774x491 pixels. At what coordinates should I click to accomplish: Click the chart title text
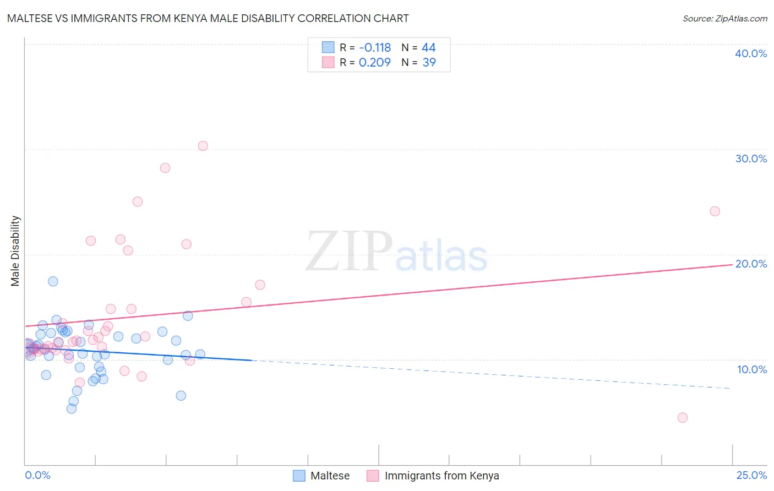tap(208, 18)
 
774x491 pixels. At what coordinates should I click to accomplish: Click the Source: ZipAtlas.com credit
tap(724, 18)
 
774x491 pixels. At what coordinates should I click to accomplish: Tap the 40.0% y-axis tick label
tap(751, 53)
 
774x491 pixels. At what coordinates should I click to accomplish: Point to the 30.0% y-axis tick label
tap(751, 159)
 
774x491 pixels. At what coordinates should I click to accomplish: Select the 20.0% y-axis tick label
tap(751, 264)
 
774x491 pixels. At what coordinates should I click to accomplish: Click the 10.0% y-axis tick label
tap(752, 369)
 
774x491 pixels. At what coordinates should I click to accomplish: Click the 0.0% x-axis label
tap(37, 475)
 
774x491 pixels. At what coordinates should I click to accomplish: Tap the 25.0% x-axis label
tap(751, 475)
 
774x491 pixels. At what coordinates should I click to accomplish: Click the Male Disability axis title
tap(15, 251)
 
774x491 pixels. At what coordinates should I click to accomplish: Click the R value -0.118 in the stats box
tap(374, 48)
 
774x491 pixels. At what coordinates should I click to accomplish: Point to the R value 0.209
tap(374, 63)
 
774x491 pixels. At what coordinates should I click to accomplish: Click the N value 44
tap(428, 48)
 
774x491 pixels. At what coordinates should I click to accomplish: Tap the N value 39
tap(429, 63)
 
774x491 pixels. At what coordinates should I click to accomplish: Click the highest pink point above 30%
tap(203, 146)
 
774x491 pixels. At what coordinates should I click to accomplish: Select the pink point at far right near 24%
tap(715, 211)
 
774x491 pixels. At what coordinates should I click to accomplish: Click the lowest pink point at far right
tap(683, 418)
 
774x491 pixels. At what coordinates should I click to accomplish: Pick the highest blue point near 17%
tap(53, 281)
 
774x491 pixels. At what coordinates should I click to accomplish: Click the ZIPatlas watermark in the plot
tap(396, 252)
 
